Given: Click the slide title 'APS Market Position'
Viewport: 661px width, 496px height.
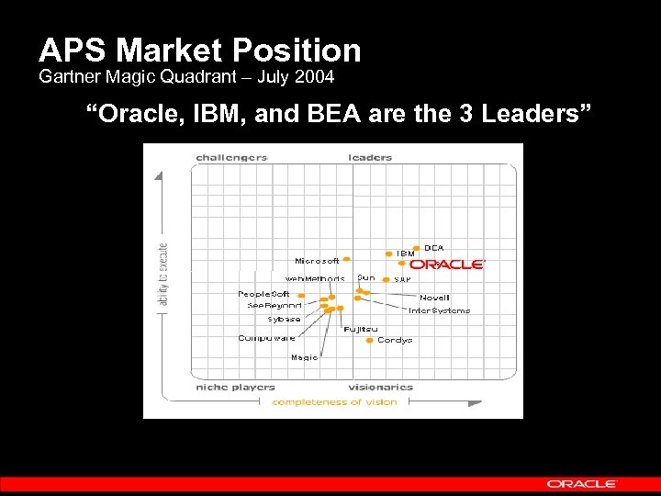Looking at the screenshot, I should coord(199,50).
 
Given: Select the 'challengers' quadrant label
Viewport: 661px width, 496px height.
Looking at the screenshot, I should coord(231,157).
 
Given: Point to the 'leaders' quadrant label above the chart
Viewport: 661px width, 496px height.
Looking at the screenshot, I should coord(370,157).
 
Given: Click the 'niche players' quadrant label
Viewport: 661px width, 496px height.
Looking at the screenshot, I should coord(235,387).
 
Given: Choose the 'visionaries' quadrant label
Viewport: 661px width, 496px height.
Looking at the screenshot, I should coord(381,387).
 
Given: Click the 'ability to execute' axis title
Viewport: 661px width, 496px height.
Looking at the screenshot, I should coord(163,274).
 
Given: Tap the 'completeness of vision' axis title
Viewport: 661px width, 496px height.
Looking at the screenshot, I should coord(334,401).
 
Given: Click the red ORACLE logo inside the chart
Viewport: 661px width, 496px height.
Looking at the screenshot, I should coord(446,265).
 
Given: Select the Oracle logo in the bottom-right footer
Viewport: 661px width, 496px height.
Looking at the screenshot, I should coord(582,483).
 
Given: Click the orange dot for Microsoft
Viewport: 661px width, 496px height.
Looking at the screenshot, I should coord(347,260).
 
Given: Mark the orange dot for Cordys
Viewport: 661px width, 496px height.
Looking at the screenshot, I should coord(369,340).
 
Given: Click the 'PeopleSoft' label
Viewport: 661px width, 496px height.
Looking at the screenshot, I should coord(263,294).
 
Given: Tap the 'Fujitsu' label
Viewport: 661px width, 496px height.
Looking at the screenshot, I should coord(360,329).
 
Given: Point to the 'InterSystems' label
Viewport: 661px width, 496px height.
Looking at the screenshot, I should coord(439,310).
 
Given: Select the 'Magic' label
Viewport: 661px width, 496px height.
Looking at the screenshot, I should coord(304,357).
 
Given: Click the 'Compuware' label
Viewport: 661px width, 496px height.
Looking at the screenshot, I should coord(266,338).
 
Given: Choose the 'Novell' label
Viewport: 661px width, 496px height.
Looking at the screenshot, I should coord(434,298).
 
